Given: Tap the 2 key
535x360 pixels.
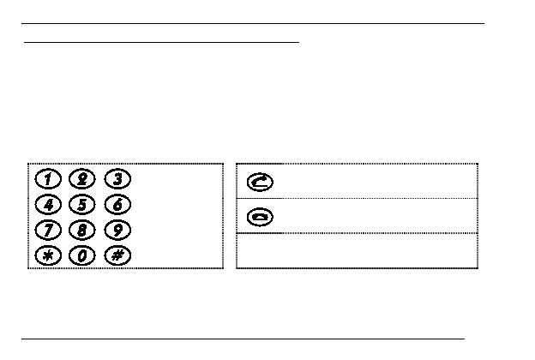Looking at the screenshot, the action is tap(83, 179).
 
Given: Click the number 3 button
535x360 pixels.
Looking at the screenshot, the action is tap(117, 179).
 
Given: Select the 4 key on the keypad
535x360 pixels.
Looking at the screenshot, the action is tap(50, 204).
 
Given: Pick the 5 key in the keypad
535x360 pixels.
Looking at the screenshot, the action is tap(83, 204).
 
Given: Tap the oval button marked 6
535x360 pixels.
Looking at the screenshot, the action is tap(117, 204).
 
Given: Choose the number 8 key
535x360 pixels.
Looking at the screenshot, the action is tap(83, 230).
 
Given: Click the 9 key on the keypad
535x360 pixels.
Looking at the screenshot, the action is tap(117, 230).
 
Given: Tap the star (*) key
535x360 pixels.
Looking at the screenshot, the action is tap(50, 255).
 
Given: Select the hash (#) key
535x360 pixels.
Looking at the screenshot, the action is tap(117, 255).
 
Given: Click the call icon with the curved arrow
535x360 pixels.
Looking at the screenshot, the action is tap(259, 182).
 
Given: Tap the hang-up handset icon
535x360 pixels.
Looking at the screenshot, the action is tap(259, 217).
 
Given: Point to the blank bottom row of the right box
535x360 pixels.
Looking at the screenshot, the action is tap(356, 250).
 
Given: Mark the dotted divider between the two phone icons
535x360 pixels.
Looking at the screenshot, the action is tap(356, 199).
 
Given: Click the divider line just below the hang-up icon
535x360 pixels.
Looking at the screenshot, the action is tap(356, 233).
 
